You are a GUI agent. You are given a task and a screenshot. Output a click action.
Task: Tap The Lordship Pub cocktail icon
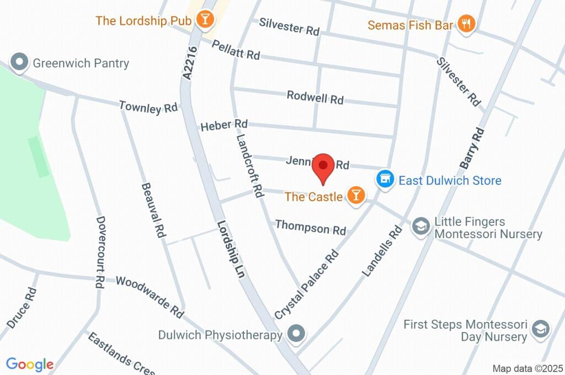click(205, 20)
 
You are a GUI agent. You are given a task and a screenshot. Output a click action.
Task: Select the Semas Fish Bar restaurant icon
click(467, 24)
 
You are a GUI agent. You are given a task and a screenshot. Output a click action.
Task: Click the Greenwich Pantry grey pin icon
click(20, 62)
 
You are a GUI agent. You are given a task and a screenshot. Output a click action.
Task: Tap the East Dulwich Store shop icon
click(385, 180)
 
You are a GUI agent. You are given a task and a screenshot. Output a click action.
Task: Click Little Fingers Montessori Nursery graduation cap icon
click(422, 226)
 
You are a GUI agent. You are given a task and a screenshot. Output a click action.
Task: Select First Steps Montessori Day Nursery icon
click(540, 330)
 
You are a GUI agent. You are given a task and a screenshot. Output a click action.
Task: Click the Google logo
click(30, 364)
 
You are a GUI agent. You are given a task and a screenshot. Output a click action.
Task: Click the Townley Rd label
click(148, 107)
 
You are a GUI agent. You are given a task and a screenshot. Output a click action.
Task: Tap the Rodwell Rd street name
click(315, 98)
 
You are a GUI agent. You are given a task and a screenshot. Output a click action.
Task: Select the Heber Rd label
click(224, 126)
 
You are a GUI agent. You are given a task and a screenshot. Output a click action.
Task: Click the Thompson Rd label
click(310, 227)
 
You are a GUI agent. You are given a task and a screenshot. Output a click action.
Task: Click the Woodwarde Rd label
click(150, 297)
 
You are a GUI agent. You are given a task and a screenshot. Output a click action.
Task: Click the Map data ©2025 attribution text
click(527, 368)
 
